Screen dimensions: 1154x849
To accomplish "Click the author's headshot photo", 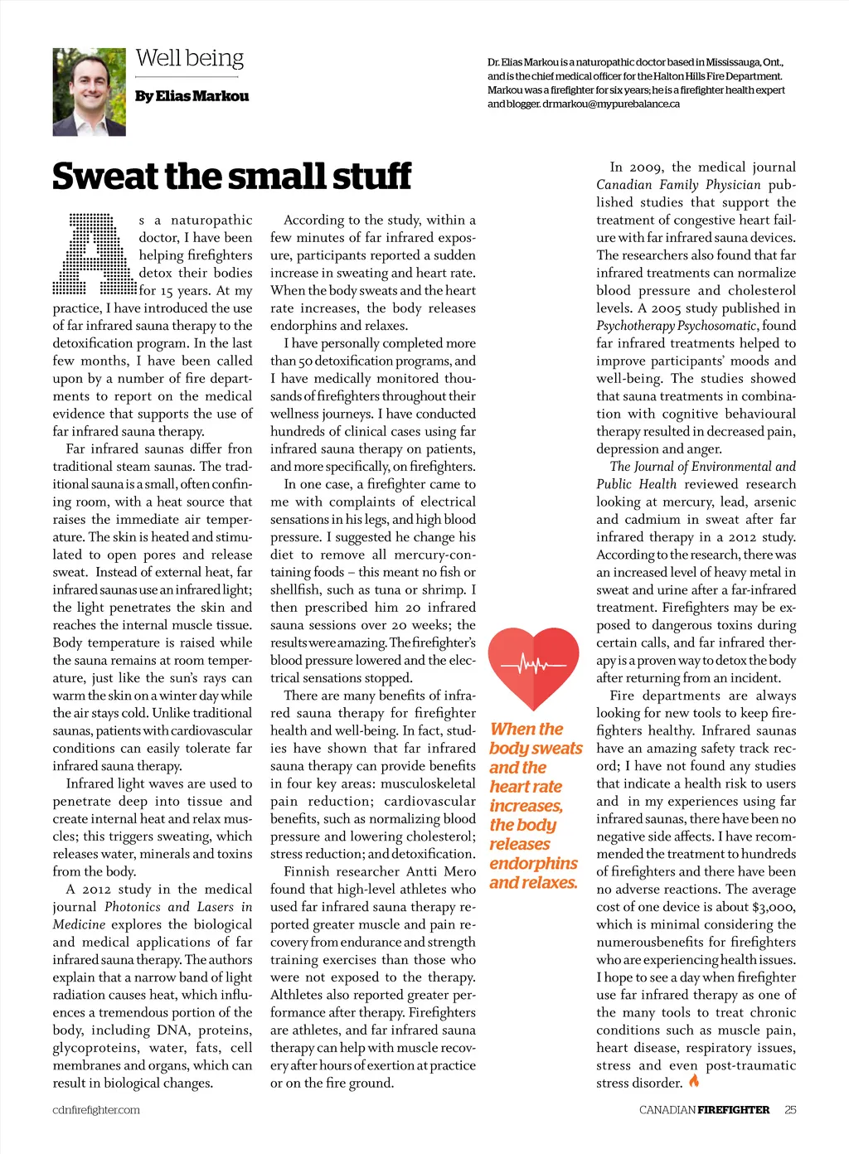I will click(x=89, y=92).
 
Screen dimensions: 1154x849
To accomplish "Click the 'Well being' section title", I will click(x=190, y=58).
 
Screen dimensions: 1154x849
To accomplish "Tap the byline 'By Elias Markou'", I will click(x=192, y=96).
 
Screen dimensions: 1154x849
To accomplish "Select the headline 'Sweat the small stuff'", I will click(x=231, y=177).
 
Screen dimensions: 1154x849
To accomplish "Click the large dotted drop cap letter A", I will click(x=94, y=254).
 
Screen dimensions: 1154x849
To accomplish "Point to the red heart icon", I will click(x=533, y=664).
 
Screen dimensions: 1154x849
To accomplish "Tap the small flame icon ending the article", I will click(x=694, y=1081).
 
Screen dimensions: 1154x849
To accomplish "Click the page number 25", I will click(x=790, y=1109).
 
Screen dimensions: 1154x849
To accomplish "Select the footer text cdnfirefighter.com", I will click(x=96, y=1110).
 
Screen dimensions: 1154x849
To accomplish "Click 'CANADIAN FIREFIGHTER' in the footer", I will click(x=704, y=1109).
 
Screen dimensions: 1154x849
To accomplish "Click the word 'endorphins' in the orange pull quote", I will click(x=533, y=864).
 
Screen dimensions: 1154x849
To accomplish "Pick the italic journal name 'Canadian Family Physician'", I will click(x=678, y=185).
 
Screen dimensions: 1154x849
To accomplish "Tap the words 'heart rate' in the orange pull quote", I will click(x=526, y=787).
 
